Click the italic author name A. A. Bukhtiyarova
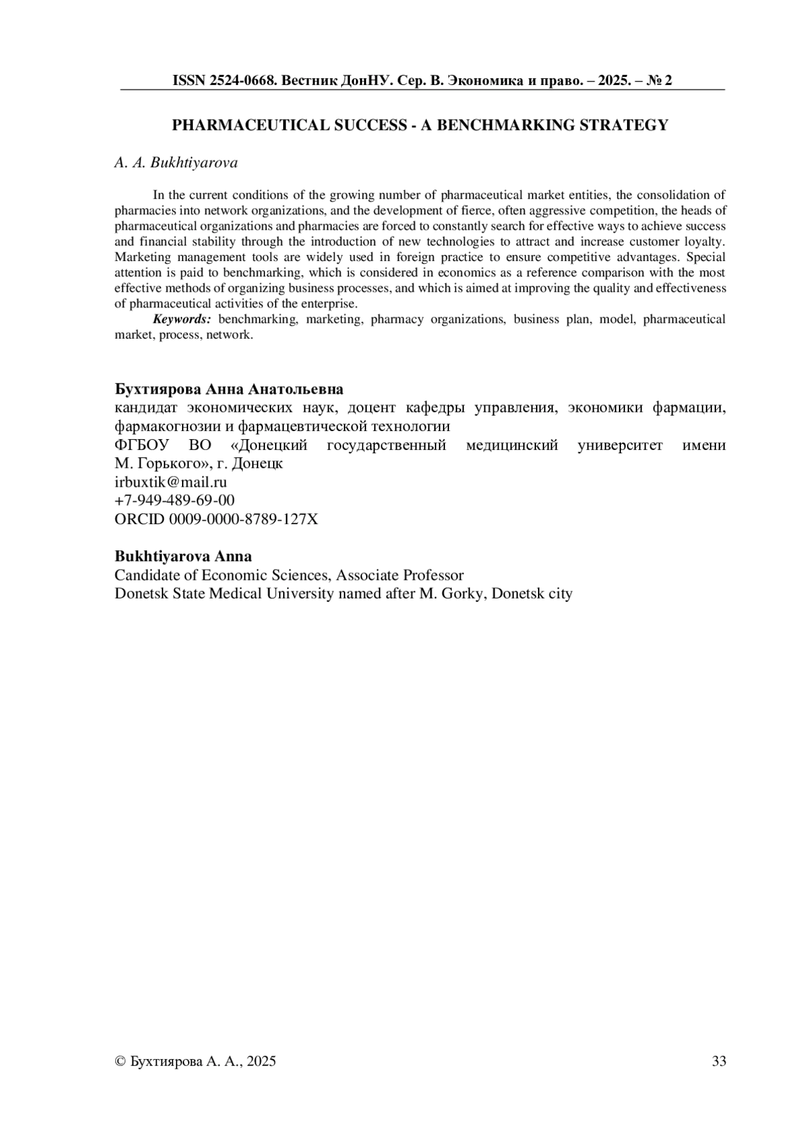[176, 163]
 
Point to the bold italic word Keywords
[182, 319]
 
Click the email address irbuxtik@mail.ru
[171, 482]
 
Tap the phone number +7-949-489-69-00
[175, 500]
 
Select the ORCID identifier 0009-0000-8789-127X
[244, 519]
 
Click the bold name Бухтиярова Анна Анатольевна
[229, 390]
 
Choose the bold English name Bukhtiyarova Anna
[183, 557]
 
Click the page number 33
[719, 1061]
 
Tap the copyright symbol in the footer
[120, 1061]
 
